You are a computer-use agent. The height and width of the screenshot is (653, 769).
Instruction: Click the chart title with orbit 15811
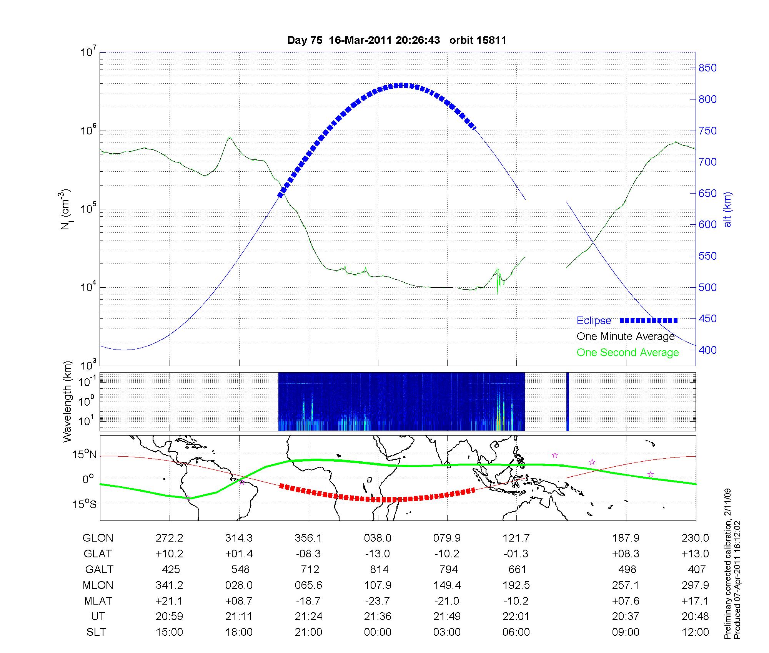pyautogui.click(x=396, y=40)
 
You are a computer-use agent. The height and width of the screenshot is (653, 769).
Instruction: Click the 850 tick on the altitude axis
pyautogui.click(x=707, y=68)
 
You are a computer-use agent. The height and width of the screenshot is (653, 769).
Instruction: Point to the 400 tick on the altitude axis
pyautogui.click(x=707, y=350)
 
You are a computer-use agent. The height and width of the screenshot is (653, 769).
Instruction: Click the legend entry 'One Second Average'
pyautogui.click(x=628, y=353)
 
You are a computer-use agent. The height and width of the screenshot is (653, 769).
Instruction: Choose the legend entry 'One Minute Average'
pyautogui.click(x=626, y=336)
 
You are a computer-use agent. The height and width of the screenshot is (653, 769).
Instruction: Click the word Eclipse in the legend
pyautogui.click(x=594, y=321)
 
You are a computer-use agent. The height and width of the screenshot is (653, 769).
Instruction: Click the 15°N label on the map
pyautogui.click(x=85, y=455)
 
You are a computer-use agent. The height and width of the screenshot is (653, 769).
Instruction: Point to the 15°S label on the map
pyautogui.click(x=85, y=504)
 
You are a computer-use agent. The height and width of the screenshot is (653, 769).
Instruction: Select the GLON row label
pyautogui.click(x=98, y=538)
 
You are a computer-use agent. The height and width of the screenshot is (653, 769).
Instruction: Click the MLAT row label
pyautogui.click(x=98, y=601)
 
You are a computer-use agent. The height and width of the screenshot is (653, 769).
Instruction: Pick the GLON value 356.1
pyautogui.click(x=308, y=538)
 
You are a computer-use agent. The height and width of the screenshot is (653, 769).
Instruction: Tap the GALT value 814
pyautogui.click(x=379, y=569)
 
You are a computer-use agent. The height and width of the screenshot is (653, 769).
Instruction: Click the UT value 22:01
pyautogui.click(x=516, y=617)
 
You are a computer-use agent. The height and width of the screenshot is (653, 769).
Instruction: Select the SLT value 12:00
pyautogui.click(x=695, y=632)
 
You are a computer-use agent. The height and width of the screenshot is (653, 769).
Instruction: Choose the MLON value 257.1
pyautogui.click(x=626, y=585)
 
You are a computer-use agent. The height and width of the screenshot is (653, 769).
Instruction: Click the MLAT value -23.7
pyautogui.click(x=378, y=601)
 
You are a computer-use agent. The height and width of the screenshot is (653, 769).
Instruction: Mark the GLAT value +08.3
pyautogui.click(x=626, y=554)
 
